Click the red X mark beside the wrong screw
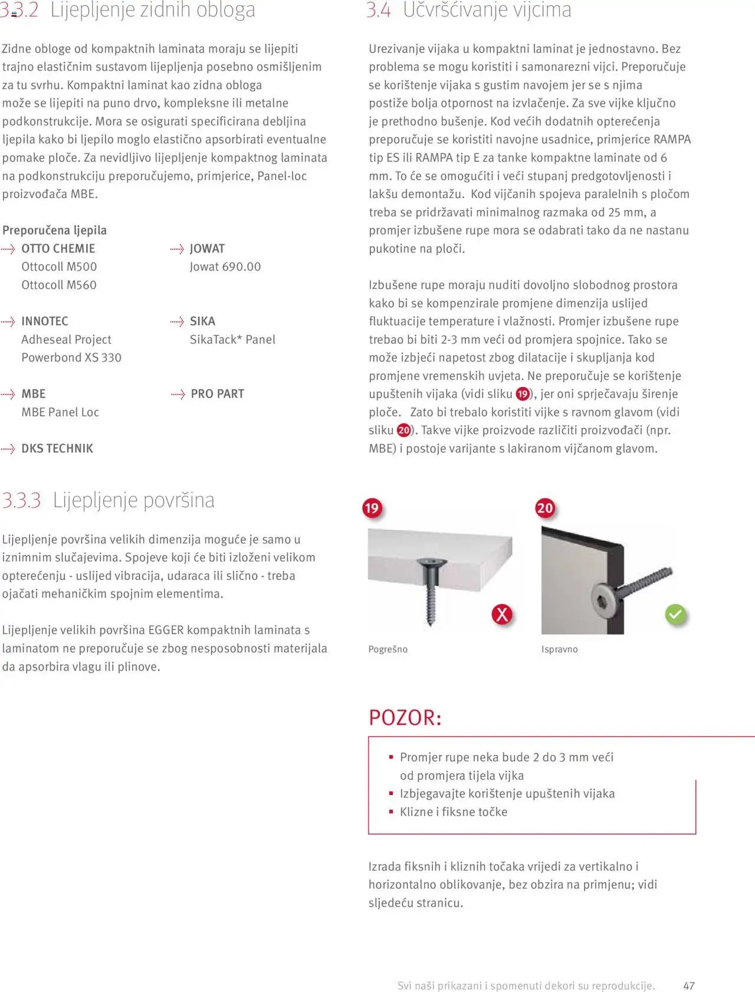pyautogui.click(x=501, y=615)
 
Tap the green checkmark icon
pyautogui.click(x=675, y=615)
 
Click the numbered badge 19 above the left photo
pyautogui.click(x=372, y=508)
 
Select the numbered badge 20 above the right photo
pyautogui.click(x=545, y=508)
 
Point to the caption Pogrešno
pyautogui.click(x=388, y=649)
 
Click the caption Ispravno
pyautogui.click(x=559, y=649)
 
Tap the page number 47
pyautogui.click(x=688, y=986)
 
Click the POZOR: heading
pyautogui.click(x=405, y=718)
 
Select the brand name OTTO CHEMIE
pyautogui.click(x=58, y=249)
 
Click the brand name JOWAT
pyautogui.click(x=207, y=249)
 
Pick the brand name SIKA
pyautogui.click(x=202, y=321)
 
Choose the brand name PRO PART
pyautogui.click(x=217, y=394)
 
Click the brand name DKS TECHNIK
pyautogui.click(x=57, y=449)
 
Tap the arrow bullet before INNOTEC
pyautogui.click(x=8, y=322)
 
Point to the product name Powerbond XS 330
pyautogui.click(x=71, y=358)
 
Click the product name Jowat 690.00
pyautogui.click(x=225, y=267)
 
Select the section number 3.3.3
pyautogui.click(x=21, y=501)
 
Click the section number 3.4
pyautogui.click(x=378, y=10)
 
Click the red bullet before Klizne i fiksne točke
pyautogui.click(x=390, y=812)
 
